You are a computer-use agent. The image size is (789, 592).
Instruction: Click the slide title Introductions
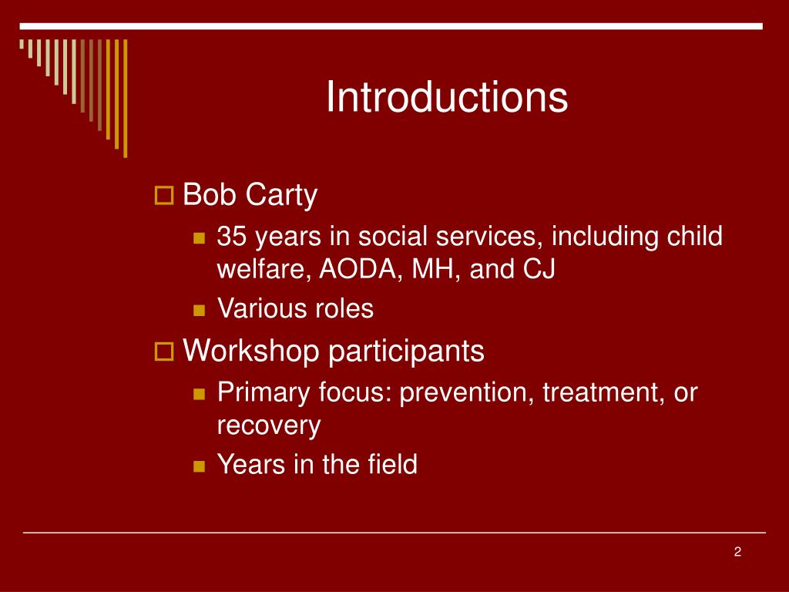447,96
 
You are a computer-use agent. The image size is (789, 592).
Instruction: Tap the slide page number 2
737,552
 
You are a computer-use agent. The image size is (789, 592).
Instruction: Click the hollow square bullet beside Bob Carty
164,195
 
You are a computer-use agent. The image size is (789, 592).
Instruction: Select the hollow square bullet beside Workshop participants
164,351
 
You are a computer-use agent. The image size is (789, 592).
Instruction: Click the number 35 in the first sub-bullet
231,236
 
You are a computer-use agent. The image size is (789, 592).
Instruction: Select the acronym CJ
539,269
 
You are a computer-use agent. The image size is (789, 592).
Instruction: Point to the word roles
344,308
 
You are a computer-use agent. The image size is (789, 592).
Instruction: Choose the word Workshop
250,351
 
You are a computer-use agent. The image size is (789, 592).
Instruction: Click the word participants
406,351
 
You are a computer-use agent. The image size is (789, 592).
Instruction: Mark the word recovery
269,425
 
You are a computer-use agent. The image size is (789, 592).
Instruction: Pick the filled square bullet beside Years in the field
200,466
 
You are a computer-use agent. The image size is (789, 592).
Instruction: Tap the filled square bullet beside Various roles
200,310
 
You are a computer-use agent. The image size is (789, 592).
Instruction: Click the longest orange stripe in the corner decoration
126,98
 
